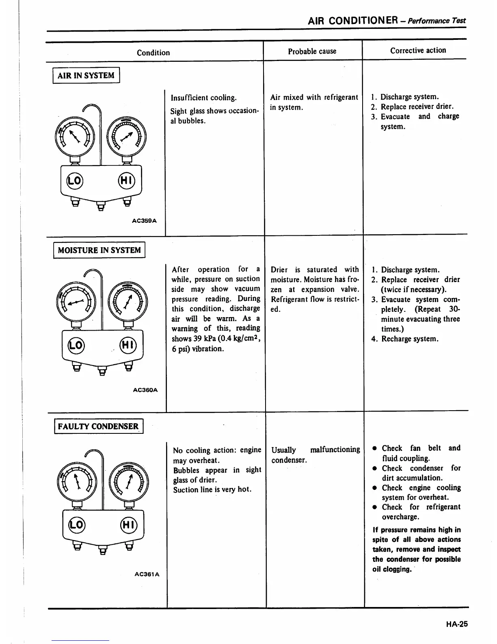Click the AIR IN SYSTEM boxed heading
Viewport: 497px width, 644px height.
pos(86,75)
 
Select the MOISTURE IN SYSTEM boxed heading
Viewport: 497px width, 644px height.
pos(99,250)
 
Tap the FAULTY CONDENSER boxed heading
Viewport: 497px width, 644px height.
pos(98,426)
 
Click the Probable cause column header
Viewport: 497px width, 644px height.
pos(312,51)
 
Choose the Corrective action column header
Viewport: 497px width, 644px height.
pos(418,50)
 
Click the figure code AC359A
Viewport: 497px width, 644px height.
pos(144,221)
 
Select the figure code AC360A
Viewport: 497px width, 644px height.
pos(145,390)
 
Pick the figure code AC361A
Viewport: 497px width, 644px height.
pos(147,574)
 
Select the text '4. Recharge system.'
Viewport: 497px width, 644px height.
pos(405,339)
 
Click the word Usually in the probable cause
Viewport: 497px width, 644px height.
pos(283,450)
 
